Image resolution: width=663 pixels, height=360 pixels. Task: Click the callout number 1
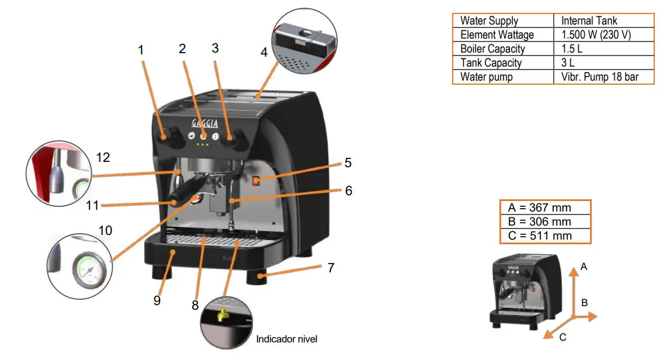(141, 50)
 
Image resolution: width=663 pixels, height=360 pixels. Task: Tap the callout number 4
(264, 52)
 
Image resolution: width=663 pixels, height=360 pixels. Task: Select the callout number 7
(331, 268)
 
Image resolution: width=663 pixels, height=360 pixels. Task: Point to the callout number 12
(103, 157)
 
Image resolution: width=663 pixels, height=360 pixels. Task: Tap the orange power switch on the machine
(256, 181)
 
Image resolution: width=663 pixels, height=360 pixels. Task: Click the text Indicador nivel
(286, 339)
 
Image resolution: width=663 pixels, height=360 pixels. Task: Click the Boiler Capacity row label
(492, 49)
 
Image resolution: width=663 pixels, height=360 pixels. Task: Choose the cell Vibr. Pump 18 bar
(600, 77)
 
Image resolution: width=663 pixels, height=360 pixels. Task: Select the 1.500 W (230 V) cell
(596, 34)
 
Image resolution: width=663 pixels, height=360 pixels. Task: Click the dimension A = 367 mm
(540, 207)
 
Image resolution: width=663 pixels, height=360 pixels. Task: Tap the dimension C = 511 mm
(540, 236)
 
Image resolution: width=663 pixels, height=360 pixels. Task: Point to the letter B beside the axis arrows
(584, 302)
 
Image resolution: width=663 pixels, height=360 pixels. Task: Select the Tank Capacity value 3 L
(568, 63)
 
